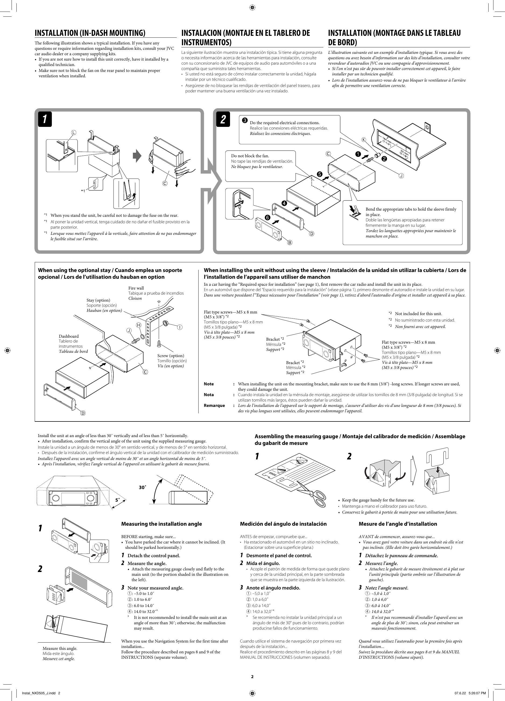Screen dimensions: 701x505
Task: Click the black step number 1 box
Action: coord(45,119)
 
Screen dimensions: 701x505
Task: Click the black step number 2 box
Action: coord(223,119)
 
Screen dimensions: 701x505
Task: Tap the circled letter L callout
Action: coord(73,132)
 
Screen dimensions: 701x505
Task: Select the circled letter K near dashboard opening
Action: coord(363,140)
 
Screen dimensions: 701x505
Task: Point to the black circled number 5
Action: coord(319,174)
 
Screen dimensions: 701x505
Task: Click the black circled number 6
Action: coord(267,218)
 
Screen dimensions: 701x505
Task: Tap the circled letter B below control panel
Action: coord(290,243)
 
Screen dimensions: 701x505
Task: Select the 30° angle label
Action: coord(142,487)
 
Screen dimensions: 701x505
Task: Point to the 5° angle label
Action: coord(117,500)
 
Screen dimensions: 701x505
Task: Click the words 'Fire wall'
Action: coord(136,288)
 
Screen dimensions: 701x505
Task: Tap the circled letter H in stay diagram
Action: coord(139,325)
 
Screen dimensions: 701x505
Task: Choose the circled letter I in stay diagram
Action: coord(179,327)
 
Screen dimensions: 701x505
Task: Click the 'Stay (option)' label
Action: coord(98,300)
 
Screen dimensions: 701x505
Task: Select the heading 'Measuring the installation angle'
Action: coord(161,524)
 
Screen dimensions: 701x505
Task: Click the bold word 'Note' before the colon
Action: coord(209,384)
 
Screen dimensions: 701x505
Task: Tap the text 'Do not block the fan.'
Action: coord(250,156)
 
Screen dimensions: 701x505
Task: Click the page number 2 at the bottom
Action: coord(252,676)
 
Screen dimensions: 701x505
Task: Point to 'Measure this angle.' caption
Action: coord(60,648)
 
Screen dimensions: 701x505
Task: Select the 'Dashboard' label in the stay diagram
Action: coord(69,336)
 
